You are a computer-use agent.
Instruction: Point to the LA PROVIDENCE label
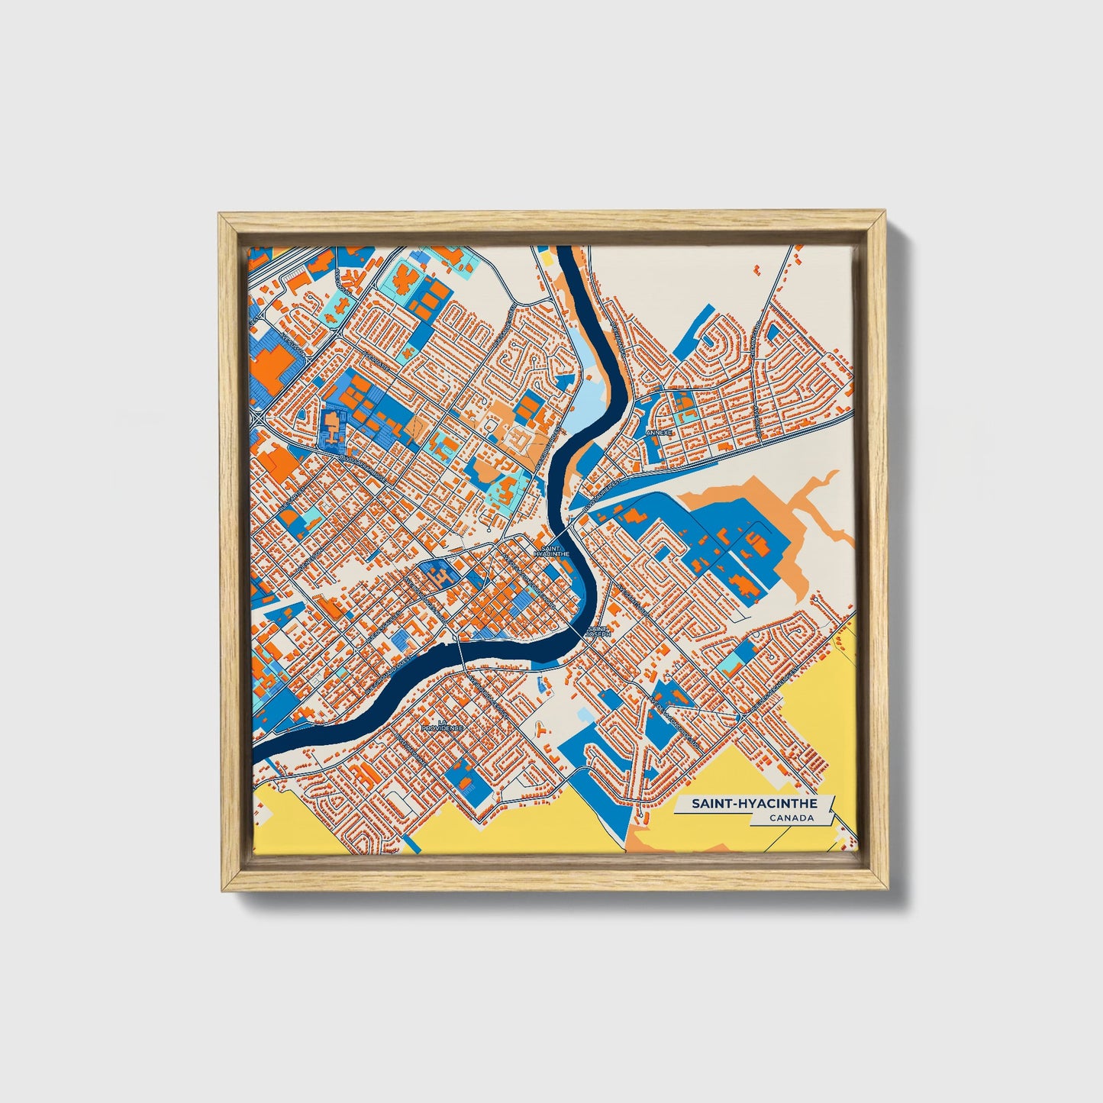tap(442, 725)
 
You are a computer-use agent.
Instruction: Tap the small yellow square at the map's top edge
tap(547, 255)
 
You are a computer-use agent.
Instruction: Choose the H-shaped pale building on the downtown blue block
tap(437, 575)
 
